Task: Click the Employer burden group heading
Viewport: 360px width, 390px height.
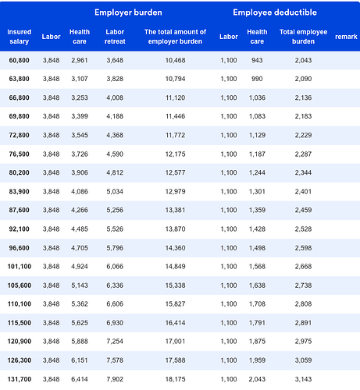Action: (128, 12)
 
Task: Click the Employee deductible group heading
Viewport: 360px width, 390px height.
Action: (275, 12)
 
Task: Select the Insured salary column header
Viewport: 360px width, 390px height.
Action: (20, 37)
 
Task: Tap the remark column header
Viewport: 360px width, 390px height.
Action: (346, 37)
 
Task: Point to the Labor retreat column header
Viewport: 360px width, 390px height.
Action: (115, 37)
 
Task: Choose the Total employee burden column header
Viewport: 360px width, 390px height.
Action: (303, 37)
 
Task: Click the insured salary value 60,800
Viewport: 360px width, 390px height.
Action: (19, 60)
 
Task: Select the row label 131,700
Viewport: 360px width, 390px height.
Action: (20, 379)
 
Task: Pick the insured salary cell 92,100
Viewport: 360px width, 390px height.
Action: (19, 229)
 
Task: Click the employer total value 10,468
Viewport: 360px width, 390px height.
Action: (175, 60)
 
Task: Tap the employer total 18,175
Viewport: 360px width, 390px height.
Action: (175, 379)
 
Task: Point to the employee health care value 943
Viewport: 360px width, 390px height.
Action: (257, 60)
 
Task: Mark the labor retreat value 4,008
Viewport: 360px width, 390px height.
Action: (115, 97)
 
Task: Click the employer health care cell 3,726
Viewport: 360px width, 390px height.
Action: (80, 154)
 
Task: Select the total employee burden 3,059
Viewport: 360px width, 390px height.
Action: (303, 360)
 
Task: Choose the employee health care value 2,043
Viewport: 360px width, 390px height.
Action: (257, 379)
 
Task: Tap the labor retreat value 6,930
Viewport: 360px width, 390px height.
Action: (115, 323)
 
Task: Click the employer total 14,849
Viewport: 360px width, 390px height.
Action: (175, 267)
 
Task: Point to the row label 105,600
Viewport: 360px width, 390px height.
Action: (20, 285)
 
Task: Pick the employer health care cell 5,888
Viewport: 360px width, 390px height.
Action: (80, 341)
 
